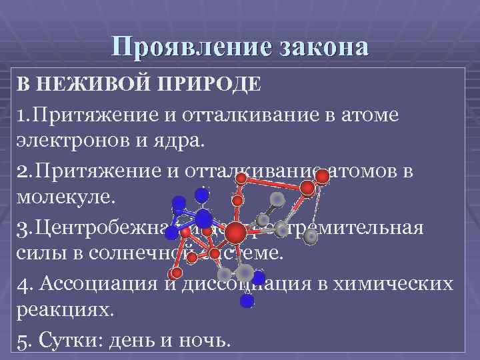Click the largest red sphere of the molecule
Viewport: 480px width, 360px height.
click(x=235, y=233)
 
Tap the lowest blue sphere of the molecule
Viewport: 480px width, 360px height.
click(x=247, y=301)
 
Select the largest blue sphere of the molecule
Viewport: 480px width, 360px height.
click(x=204, y=219)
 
